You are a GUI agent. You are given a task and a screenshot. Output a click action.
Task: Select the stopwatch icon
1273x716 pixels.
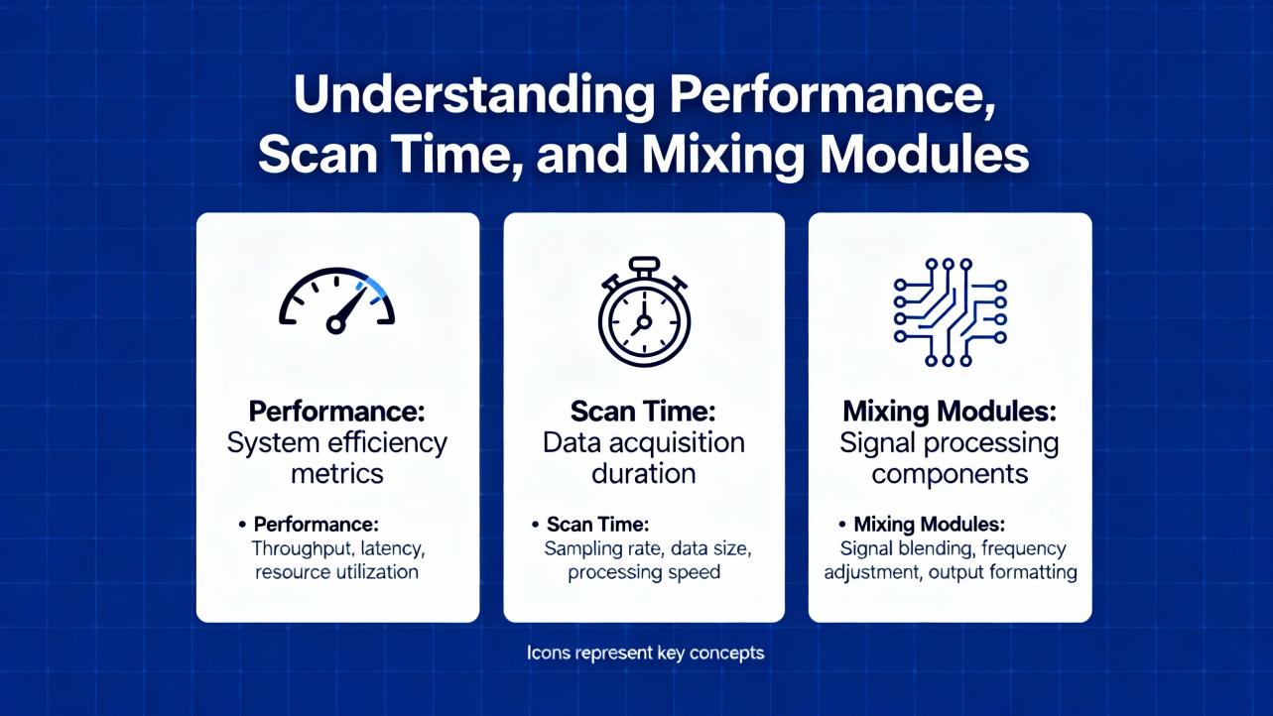tap(644, 311)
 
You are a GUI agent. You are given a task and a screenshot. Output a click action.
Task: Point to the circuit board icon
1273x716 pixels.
tap(950, 311)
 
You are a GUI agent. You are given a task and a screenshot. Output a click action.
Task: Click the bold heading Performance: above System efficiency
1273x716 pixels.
tap(337, 412)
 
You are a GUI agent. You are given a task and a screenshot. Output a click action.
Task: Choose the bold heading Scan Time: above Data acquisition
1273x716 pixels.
tap(643, 412)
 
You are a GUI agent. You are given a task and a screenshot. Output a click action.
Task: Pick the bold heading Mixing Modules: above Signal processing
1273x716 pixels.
tap(950, 412)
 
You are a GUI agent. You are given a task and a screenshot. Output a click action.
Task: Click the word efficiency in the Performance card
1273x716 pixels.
tap(389, 443)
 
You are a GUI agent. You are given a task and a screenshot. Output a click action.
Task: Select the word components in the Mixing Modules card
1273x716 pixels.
tap(950, 474)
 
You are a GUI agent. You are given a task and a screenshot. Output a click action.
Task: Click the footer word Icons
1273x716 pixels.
tap(549, 653)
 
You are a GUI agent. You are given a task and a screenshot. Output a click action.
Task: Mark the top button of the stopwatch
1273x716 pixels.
tap(645, 265)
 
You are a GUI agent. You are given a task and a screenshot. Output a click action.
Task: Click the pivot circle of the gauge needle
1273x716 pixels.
tap(335, 325)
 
